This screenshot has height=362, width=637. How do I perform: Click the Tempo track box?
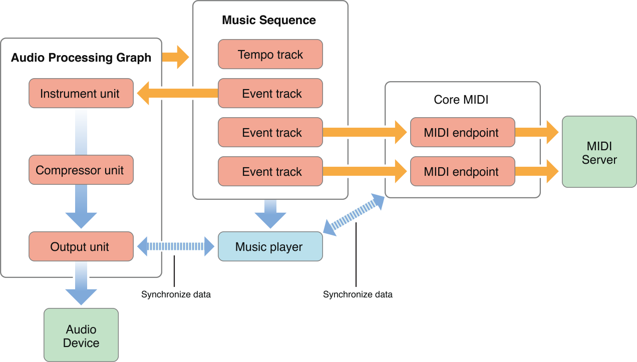tap(270, 54)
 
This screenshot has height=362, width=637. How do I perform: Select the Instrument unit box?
tap(81, 93)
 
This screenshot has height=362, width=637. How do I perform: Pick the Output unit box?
tap(81, 246)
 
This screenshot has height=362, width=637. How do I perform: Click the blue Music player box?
tap(270, 246)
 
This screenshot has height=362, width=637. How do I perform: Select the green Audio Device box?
tap(81, 335)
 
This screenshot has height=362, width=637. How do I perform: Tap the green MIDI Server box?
tap(599, 152)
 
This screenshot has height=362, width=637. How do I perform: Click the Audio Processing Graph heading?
tap(81, 58)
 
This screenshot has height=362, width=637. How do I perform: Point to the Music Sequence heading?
tap(269, 21)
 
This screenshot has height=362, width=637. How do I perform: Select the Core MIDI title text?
tap(461, 100)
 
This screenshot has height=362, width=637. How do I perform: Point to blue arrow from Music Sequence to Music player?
tap(270, 213)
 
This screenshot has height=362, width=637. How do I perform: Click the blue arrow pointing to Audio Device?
tap(81, 289)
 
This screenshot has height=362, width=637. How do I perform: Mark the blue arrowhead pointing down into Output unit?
tap(81, 218)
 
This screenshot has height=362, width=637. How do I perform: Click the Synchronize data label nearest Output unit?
tap(176, 294)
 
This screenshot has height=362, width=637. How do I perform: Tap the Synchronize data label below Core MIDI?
tap(358, 294)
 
